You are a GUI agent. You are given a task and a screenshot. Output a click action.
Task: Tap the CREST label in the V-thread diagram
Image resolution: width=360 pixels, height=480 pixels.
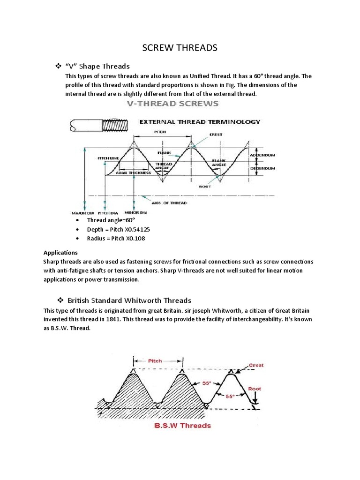tap(216, 135)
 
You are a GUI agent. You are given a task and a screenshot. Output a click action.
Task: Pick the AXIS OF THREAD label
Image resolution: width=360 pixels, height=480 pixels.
tap(168, 203)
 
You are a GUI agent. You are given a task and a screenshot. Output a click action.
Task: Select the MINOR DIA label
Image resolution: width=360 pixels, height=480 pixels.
tap(137, 212)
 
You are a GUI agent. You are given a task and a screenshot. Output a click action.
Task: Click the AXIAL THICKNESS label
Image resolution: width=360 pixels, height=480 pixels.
tap(133, 172)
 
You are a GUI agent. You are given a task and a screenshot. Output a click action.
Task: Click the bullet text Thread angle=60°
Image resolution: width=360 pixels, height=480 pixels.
tap(111, 220)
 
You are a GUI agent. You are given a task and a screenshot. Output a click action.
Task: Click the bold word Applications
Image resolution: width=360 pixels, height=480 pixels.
tap(60, 252)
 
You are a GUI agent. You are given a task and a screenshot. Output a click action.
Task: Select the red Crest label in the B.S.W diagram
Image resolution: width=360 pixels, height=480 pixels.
tap(256, 365)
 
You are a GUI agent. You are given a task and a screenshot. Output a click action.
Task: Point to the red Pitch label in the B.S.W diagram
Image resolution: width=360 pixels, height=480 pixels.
tap(155, 361)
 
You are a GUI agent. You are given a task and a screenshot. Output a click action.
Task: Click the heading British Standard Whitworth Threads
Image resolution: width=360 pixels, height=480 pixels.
tap(129, 300)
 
